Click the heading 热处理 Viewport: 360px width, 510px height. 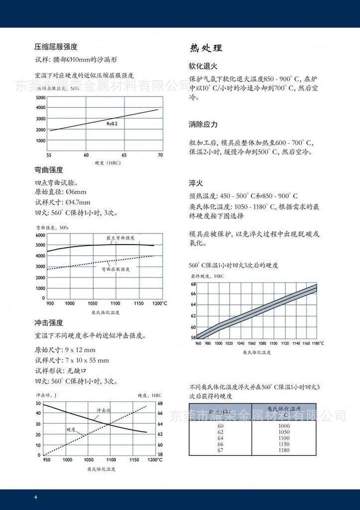206,48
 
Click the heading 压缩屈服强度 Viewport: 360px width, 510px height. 56,47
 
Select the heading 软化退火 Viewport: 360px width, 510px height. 203,66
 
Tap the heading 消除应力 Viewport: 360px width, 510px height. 203,124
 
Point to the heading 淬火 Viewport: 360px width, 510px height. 196,183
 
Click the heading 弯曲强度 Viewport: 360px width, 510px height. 49,170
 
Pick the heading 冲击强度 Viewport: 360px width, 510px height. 49,323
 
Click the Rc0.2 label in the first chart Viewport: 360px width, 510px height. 112,122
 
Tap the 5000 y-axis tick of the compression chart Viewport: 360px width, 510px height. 40,97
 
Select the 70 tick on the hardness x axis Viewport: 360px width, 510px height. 160,155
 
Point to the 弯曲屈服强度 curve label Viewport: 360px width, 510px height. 116,269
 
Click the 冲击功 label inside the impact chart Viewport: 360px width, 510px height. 103,410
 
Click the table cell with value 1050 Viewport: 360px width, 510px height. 284,433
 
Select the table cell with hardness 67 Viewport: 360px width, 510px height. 221,451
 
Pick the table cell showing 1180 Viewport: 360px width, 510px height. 284,451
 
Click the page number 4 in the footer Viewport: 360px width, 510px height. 35,498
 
